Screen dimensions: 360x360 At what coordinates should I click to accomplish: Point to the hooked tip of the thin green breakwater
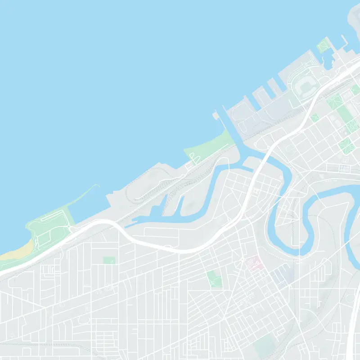pos(95,185)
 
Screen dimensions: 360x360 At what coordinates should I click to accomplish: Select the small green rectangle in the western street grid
pos(109,260)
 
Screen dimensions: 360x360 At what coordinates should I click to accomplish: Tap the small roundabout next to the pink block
pos(243,260)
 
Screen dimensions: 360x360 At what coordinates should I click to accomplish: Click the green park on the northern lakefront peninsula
pos(323,45)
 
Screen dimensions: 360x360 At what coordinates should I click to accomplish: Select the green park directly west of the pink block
pos(215,279)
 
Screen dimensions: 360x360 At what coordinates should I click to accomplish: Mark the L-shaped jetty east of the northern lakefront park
pos(344,43)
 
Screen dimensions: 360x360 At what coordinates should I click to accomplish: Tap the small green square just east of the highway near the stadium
pos(315,117)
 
